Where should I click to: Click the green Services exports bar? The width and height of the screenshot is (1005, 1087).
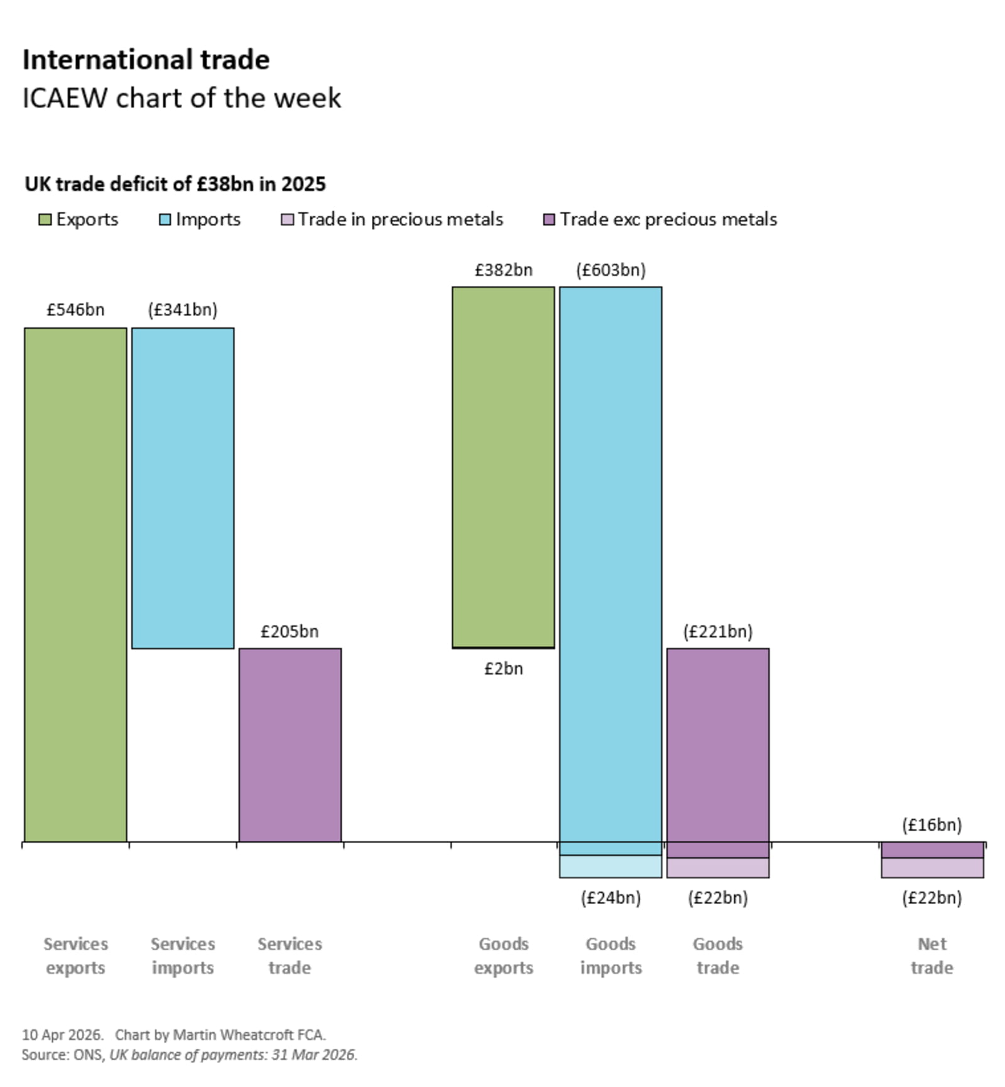pyautogui.click(x=75, y=584)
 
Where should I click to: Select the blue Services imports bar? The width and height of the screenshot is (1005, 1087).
pyautogui.click(x=183, y=488)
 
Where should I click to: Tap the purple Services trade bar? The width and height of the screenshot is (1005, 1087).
pyautogui.click(x=290, y=745)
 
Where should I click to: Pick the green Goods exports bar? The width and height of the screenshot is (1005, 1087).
pyautogui.click(x=503, y=467)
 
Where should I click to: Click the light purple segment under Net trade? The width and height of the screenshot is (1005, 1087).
pyautogui.click(x=932, y=868)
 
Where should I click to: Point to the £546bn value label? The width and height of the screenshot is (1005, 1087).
pyautogui.click(x=75, y=310)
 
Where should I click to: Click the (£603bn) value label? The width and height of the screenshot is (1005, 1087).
pyautogui.click(x=611, y=270)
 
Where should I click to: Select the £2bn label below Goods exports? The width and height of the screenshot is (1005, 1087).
pyautogui.click(x=503, y=669)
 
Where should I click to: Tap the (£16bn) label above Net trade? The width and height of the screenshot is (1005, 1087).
pyautogui.click(x=932, y=824)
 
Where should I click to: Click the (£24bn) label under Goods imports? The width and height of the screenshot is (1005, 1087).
pyautogui.click(x=611, y=898)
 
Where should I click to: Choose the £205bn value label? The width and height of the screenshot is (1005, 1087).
pyautogui.click(x=290, y=631)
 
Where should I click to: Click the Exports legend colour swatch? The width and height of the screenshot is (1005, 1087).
pyautogui.click(x=45, y=220)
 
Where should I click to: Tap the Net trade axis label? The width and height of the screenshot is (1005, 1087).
pyautogui.click(x=932, y=955)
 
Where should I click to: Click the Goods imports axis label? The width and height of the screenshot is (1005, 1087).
pyautogui.click(x=611, y=955)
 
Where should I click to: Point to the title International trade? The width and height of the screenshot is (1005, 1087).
pyautogui.click(x=146, y=60)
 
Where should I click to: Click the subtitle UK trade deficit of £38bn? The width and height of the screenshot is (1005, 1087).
pyautogui.click(x=175, y=184)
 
